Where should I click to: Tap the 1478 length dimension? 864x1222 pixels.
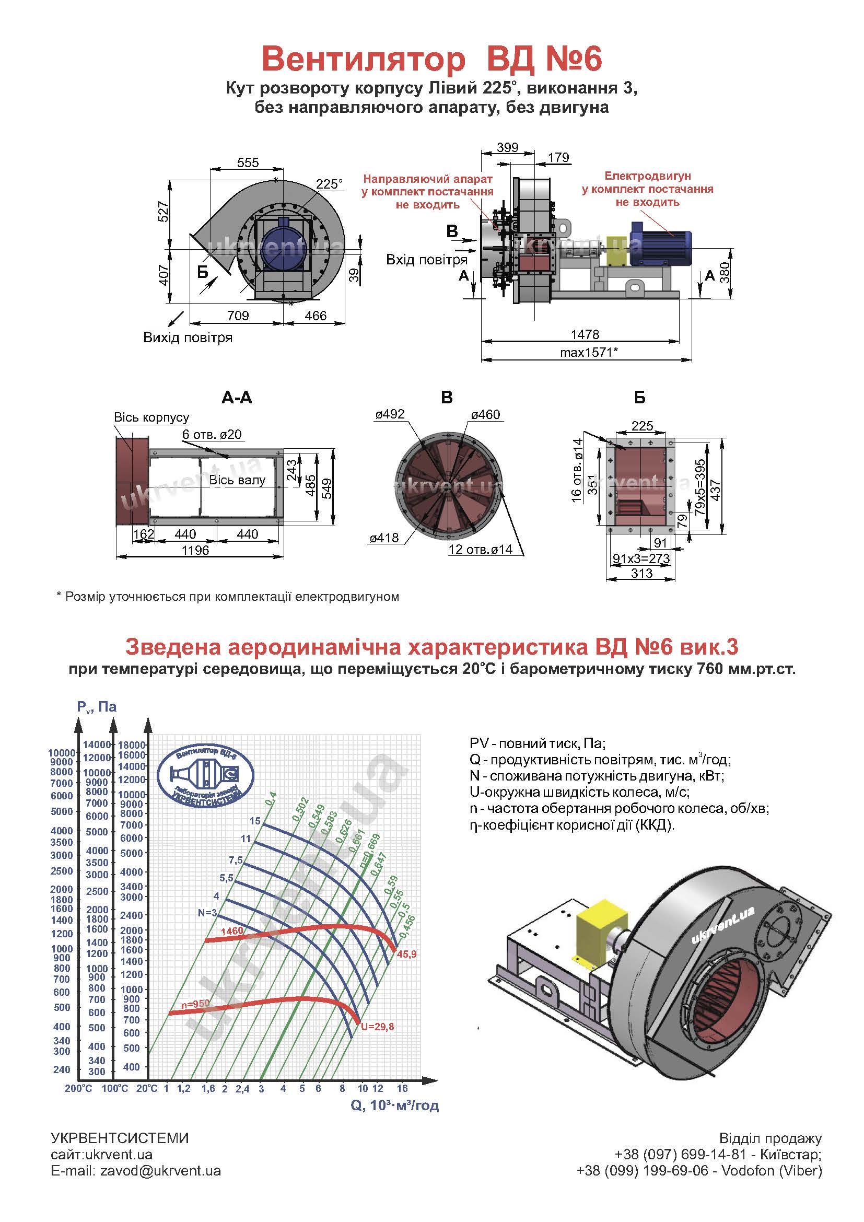click(x=585, y=334)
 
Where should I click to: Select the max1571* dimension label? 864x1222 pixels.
click(x=588, y=352)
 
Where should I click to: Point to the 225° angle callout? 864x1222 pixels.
click(x=329, y=184)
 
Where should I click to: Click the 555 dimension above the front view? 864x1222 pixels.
click(x=248, y=162)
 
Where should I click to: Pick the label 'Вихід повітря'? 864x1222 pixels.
click(x=188, y=337)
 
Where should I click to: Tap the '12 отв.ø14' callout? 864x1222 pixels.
click(x=480, y=550)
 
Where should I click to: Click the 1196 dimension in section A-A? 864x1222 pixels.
click(x=195, y=550)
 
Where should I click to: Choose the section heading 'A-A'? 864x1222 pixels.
click(x=237, y=398)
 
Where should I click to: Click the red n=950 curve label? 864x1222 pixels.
click(x=195, y=1004)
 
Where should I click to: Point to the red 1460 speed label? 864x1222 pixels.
click(x=231, y=931)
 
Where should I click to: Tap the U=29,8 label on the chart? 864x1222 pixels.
click(x=377, y=1027)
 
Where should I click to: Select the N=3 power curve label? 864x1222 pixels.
click(x=207, y=913)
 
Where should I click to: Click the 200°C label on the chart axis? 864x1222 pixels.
click(x=78, y=1088)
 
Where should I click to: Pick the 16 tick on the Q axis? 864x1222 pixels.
click(x=402, y=1088)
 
